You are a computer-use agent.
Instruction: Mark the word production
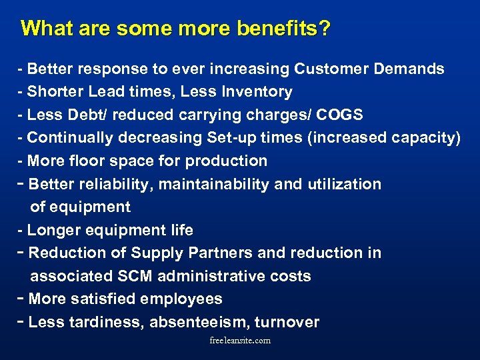coord(226,161)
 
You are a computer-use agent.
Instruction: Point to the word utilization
coord(345,184)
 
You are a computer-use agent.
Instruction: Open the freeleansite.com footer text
coord(239,341)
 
